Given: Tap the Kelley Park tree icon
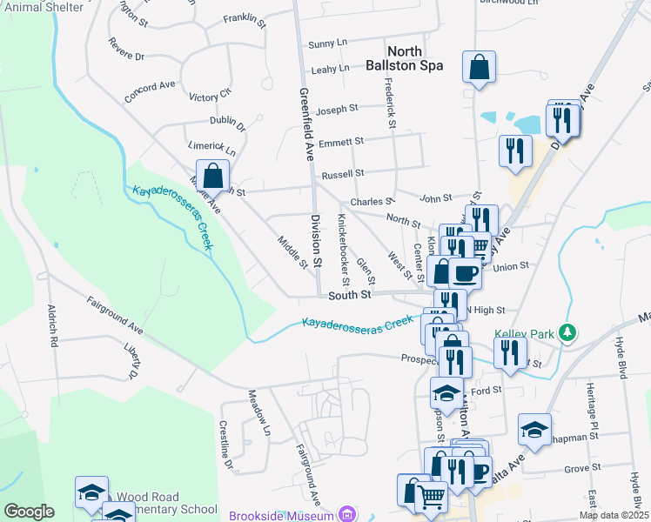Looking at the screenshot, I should pos(567,332).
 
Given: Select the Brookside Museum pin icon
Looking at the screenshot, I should pos(348,515).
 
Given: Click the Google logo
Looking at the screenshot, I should pos(29,512).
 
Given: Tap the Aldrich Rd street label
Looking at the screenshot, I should pos(53,323).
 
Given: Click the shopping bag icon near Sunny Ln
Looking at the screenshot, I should pos(480,67).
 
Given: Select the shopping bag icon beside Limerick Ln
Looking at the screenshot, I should pos(212,177).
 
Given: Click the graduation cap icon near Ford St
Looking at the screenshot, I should pos(447,393).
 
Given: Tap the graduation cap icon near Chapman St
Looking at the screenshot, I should pos(534,430).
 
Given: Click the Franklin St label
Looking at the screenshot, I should pos(244,18).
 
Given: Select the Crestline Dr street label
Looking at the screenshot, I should pos(226,445).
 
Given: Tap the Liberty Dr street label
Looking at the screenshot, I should pos(131,361).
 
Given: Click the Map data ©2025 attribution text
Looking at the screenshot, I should pos(614,515).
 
